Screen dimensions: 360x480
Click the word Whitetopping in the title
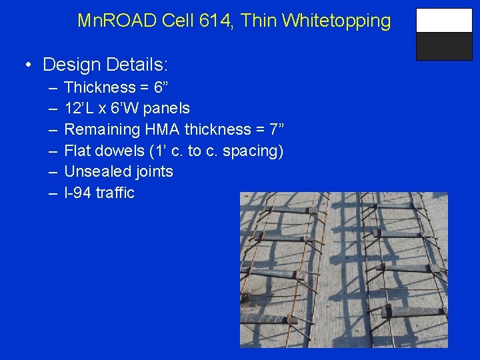(337, 21)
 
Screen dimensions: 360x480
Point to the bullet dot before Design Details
(27, 65)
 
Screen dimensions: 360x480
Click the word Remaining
(97, 129)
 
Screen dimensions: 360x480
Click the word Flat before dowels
(77, 151)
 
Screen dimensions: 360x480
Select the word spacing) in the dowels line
(257, 151)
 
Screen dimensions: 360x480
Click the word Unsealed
(94, 171)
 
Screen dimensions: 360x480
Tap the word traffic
(115, 193)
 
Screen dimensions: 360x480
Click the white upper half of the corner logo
(443, 21)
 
